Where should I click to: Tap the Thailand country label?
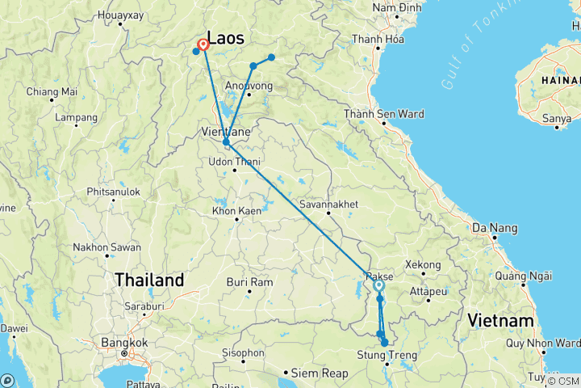(x=148, y=280)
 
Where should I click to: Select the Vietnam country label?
(x=499, y=321)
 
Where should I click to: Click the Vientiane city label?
(x=226, y=130)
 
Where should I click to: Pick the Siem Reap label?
(x=320, y=373)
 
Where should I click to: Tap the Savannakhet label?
(x=328, y=205)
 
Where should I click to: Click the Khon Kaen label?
(x=233, y=211)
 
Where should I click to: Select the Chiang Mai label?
(x=52, y=91)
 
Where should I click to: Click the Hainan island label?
(x=562, y=81)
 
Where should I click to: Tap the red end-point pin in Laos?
(x=204, y=45)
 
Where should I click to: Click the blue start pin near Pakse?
(x=378, y=285)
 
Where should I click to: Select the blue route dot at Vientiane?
(x=226, y=142)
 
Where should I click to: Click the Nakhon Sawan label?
(x=108, y=247)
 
